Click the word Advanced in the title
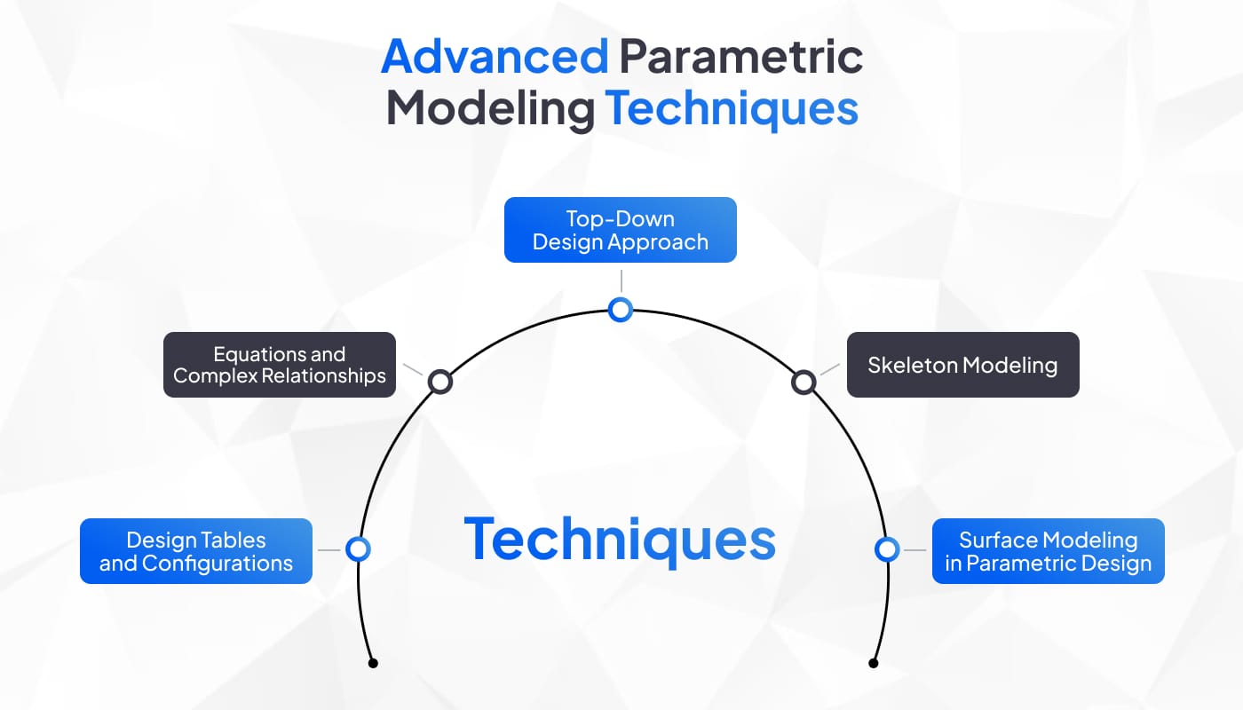[495, 57]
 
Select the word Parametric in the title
[740, 57]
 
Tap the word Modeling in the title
[490, 110]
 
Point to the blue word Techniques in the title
[732, 109]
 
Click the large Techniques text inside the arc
[620, 540]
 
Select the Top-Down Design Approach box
[621, 230]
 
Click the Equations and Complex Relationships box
[280, 365]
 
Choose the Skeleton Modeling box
[962, 365]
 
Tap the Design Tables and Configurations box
[196, 551]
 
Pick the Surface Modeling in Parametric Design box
[1049, 551]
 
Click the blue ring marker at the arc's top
[621, 310]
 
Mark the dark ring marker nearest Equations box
[440, 383]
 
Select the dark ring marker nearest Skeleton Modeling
[804, 383]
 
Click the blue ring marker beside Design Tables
[358, 549]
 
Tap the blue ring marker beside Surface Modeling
[887, 549]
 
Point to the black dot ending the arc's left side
[374, 663]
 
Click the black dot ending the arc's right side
[874, 663]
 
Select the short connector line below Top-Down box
[621, 280]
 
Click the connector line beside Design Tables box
[329, 550]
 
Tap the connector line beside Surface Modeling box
[915, 550]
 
